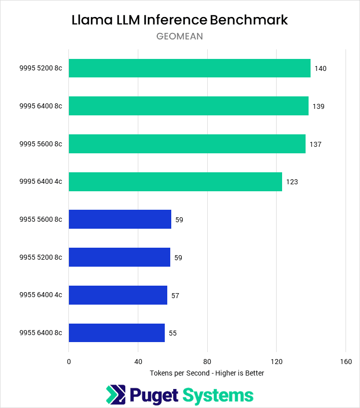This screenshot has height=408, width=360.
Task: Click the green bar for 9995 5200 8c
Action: [x=189, y=68]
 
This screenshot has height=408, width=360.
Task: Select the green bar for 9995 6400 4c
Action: [x=175, y=182]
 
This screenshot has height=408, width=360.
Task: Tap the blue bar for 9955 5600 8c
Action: [x=120, y=219]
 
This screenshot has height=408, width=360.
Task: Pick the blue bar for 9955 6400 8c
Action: [x=116, y=333]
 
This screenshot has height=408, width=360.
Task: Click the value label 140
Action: [x=320, y=68]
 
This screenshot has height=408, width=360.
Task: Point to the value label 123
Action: [x=292, y=182]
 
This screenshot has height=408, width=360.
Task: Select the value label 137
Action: [x=315, y=144]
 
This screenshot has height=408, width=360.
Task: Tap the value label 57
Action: [x=175, y=296]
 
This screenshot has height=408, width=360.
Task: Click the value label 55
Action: [x=172, y=333]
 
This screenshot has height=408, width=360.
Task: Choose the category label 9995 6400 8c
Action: [x=40, y=106]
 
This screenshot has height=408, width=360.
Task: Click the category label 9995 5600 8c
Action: [x=40, y=144]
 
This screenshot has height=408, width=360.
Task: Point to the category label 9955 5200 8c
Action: [x=40, y=258]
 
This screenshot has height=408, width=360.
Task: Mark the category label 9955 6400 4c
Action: [x=40, y=295]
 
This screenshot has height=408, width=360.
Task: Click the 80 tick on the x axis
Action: [x=207, y=362]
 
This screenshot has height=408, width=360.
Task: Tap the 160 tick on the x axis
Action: [x=346, y=362]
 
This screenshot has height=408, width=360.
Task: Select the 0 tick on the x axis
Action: [x=69, y=362]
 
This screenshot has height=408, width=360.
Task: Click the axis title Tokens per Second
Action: [x=207, y=373]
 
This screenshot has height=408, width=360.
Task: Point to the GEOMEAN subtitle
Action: [x=179, y=36]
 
